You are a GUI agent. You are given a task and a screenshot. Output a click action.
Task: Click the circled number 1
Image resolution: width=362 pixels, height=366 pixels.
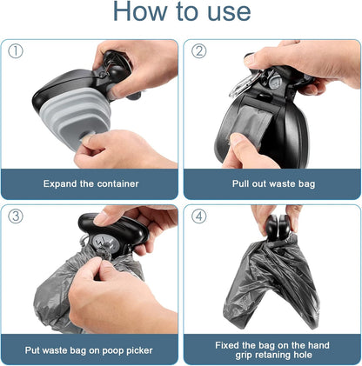click(x=16, y=50)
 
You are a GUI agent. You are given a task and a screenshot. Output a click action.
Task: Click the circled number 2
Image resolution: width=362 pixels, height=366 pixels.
click(x=199, y=50)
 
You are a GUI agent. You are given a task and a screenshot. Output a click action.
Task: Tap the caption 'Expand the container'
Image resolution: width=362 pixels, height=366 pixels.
click(x=90, y=183)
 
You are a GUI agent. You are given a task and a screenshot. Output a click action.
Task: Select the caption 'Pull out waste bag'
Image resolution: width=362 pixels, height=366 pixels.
click(x=271, y=183)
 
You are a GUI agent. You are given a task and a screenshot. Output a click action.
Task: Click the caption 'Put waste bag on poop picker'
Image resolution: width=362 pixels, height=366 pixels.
click(x=90, y=349)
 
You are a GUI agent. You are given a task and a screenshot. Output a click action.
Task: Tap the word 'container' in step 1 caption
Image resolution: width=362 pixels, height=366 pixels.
click(x=116, y=183)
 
